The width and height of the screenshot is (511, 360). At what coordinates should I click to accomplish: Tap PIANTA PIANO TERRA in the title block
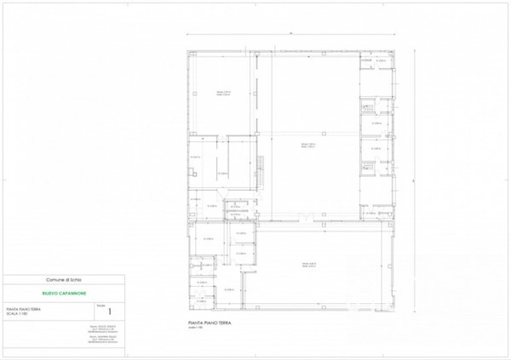[x=24, y=309]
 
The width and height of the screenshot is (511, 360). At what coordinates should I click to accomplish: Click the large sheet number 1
[x=109, y=311]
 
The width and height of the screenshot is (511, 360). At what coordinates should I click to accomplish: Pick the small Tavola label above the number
[x=100, y=304]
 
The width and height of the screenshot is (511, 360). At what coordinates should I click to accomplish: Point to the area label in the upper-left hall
[x=223, y=93]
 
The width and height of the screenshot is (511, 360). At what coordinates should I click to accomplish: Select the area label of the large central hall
[x=307, y=146]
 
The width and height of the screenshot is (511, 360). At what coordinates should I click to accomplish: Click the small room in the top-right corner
[x=376, y=63]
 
